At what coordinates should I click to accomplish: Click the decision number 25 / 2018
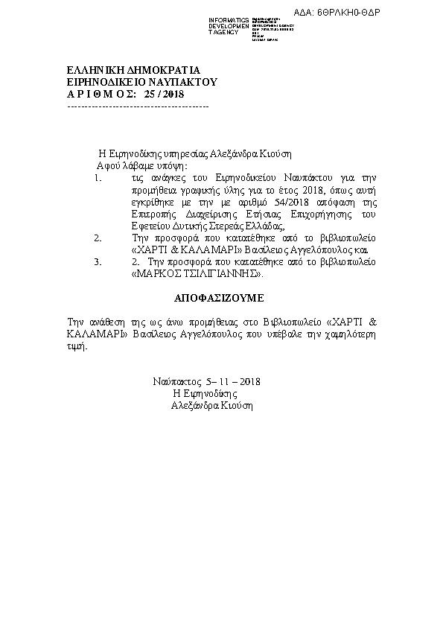tap(163, 95)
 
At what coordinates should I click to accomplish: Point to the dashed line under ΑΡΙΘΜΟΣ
tap(138, 106)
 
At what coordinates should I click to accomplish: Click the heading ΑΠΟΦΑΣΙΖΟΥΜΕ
tap(219, 296)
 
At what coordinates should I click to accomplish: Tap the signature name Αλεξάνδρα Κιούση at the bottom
tap(212, 406)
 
